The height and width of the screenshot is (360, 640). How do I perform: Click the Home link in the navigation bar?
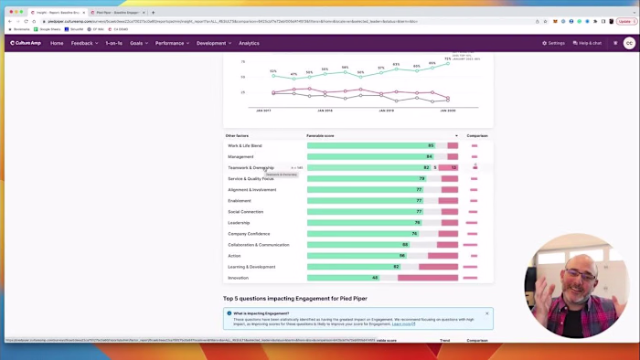tap(57, 43)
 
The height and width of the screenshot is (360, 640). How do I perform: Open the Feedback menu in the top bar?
tap(83, 43)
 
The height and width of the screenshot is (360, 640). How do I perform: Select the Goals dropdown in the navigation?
tap(137, 43)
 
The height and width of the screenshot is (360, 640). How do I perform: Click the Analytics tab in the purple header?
tap(249, 43)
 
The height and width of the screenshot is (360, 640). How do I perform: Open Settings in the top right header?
tap(554, 43)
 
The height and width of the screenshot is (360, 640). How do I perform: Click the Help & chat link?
tap(587, 43)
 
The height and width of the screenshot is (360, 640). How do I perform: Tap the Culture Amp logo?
tap(26, 43)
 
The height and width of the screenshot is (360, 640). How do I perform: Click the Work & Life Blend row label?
tap(245, 145)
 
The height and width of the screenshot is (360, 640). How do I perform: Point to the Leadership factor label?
tap(239, 223)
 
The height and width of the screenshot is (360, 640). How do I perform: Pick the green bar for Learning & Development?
tap(353, 267)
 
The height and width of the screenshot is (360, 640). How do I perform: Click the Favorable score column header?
tap(320, 135)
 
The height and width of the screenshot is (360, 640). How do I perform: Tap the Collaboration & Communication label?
tap(259, 245)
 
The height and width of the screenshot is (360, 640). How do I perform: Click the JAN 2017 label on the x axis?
tap(263, 111)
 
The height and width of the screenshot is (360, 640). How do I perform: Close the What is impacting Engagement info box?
tap(486, 313)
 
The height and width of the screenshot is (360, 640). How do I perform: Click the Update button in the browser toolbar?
tap(624, 21)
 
